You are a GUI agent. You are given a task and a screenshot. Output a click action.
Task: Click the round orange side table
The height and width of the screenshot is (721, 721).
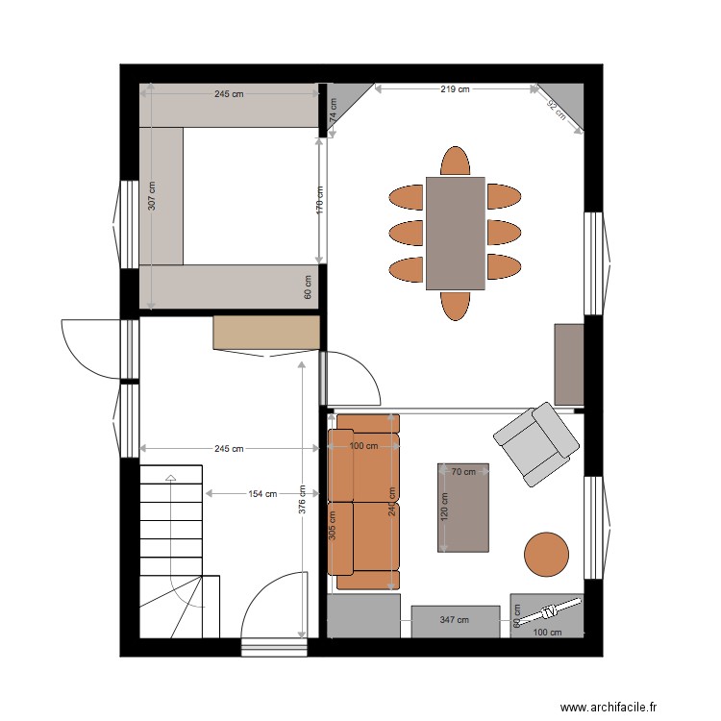[547, 554]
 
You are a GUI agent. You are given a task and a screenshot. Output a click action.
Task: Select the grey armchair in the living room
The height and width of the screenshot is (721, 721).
[536, 443]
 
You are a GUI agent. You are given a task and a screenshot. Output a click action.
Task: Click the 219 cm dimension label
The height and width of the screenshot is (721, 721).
[455, 89]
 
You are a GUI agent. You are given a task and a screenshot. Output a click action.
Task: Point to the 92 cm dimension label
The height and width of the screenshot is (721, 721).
[556, 108]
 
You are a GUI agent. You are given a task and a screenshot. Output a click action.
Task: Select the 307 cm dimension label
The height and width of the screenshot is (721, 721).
[153, 197]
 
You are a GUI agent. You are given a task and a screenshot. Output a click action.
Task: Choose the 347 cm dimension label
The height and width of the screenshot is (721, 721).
[455, 620]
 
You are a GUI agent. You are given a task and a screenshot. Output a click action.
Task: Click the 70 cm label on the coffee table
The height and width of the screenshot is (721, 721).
[464, 472]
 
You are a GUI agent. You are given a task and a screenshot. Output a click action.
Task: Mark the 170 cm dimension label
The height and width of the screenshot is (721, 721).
[320, 198]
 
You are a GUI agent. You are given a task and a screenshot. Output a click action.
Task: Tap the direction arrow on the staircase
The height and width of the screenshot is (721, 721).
[171, 478]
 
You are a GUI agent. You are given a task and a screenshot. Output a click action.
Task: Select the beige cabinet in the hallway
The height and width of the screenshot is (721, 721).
[266, 333]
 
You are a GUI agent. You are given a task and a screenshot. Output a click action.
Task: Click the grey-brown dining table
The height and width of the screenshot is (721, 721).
[456, 233]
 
